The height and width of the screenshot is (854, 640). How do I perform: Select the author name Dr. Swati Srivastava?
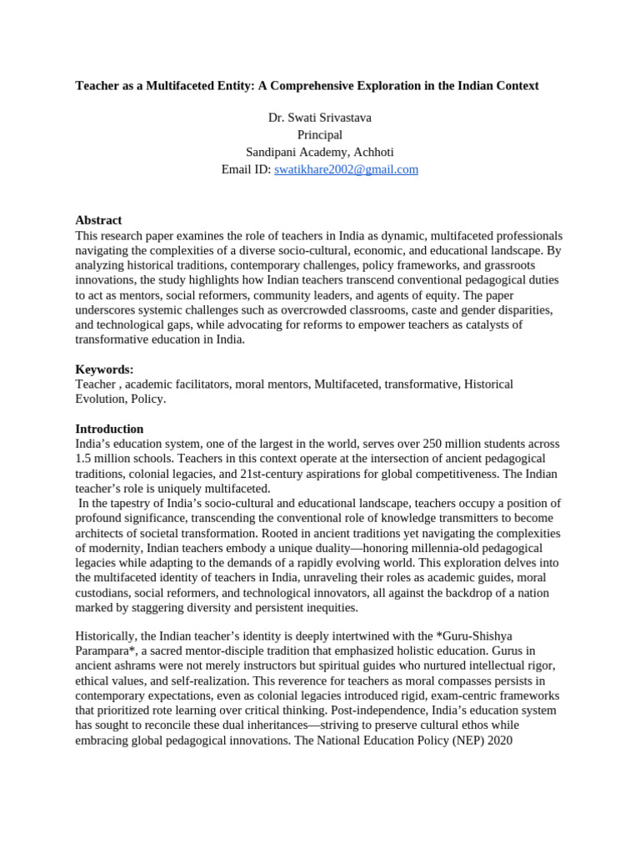319,118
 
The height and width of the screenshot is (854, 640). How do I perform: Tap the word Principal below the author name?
319,135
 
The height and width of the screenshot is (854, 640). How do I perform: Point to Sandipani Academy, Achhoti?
319,152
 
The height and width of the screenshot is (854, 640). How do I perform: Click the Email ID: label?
246,169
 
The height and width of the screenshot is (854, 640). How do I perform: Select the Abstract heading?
98,220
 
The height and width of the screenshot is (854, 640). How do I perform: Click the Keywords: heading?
104,369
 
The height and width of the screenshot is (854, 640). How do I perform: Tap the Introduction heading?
109,429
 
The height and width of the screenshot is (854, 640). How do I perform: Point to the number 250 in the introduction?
432,444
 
